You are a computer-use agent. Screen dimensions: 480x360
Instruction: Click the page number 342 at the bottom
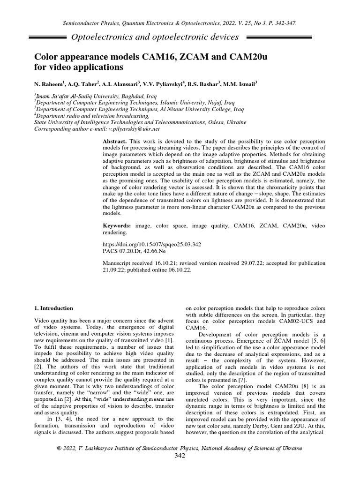180,456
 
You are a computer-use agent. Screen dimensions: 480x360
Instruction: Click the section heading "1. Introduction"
54,308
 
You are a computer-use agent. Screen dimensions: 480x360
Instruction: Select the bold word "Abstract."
115,141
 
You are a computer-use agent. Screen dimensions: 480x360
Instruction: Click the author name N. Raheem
51,85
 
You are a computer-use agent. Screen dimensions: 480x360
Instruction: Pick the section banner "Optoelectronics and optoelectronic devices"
153,37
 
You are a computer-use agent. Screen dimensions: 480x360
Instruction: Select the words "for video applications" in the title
79,67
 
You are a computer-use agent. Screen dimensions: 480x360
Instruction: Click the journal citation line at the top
180,22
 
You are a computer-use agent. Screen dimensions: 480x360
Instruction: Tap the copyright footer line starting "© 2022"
180,448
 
